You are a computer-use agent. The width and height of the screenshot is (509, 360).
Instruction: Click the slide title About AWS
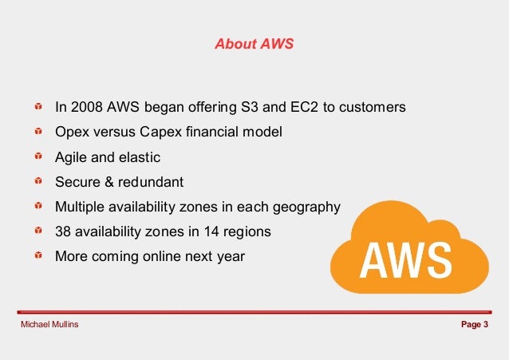click(x=254, y=44)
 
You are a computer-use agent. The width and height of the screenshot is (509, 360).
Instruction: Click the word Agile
click(x=70, y=157)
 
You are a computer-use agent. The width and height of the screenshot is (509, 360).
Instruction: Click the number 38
click(x=63, y=232)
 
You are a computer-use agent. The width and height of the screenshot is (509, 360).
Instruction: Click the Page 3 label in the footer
click(x=474, y=325)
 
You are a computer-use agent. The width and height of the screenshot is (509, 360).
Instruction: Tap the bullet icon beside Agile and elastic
click(x=37, y=157)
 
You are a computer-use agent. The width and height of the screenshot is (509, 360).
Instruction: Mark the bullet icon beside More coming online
click(x=37, y=257)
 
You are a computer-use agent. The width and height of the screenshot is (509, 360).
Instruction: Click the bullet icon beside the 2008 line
click(x=37, y=106)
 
